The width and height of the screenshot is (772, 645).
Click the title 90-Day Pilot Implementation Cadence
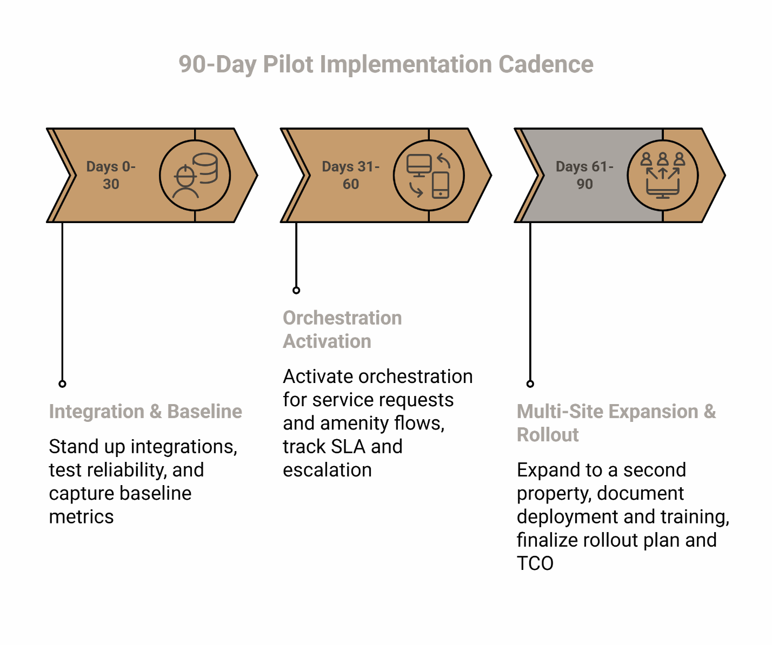tap(386, 64)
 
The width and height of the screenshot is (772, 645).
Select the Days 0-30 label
tap(111, 175)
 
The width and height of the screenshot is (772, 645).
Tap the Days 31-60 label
tap(351, 175)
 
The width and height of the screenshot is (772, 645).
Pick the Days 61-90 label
tap(584, 175)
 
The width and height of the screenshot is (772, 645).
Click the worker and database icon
tap(195, 175)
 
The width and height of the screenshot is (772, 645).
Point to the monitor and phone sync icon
tap(429, 175)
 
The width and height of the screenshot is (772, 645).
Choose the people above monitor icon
tap(663, 175)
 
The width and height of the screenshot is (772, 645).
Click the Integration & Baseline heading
tap(145, 412)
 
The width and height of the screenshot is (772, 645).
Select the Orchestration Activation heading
tap(342, 330)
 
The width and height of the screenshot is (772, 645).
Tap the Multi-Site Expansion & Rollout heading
tap(616, 423)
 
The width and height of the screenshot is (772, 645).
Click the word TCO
tap(535, 563)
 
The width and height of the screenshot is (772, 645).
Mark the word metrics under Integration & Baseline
tap(81, 517)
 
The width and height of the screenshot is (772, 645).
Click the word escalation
tap(327, 470)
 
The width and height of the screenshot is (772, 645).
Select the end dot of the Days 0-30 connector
tap(62, 384)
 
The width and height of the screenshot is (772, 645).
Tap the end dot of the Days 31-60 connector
tap(296, 290)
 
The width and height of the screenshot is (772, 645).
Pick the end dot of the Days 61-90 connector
tap(530, 384)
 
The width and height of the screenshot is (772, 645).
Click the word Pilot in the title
tap(288, 64)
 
